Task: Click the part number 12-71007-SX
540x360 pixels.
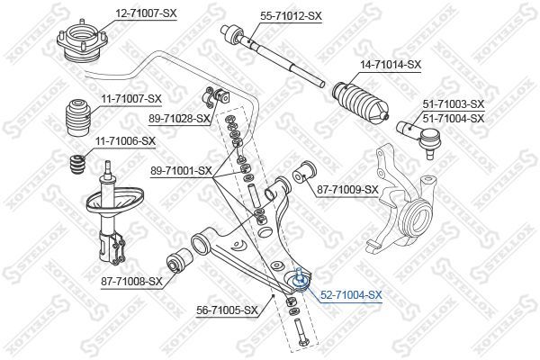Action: pyautogui.click(x=146, y=13)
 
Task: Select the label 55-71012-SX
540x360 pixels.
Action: pyautogui.click(x=291, y=16)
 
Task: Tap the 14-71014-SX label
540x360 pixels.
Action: pyautogui.click(x=391, y=65)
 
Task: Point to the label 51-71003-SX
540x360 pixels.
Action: pyautogui.click(x=454, y=103)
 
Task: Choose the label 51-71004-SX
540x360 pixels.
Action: pyautogui.click(x=454, y=119)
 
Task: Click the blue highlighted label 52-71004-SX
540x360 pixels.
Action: pyautogui.click(x=351, y=295)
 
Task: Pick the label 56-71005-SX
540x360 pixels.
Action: pyautogui.click(x=228, y=310)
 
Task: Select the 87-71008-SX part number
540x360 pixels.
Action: pyautogui.click(x=131, y=282)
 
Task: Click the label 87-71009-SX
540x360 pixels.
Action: pyautogui.click(x=347, y=189)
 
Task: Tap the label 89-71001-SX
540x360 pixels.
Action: pyautogui.click(x=181, y=170)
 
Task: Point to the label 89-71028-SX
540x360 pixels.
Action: pyautogui.click(x=179, y=119)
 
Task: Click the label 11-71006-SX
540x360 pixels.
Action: pyautogui.click(x=125, y=141)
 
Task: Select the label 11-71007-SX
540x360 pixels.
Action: pyautogui.click(x=131, y=99)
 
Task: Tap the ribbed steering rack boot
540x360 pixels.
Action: pyautogui.click(x=361, y=103)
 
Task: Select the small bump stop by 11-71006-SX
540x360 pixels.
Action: pyautogui.click(x=77, y=165)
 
